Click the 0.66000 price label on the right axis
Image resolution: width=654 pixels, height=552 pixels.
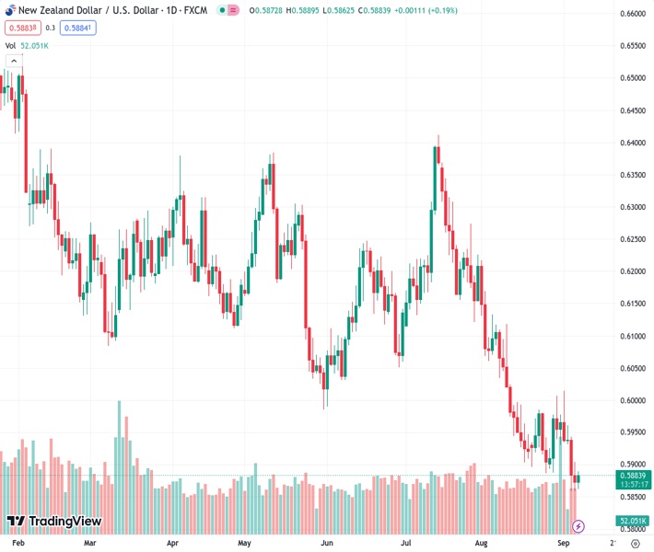(634, 14)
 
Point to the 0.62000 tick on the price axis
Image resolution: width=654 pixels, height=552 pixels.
(634, 271)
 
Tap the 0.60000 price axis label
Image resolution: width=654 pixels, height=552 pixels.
(634, 400)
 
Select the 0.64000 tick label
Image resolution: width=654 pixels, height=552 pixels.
(634, 143)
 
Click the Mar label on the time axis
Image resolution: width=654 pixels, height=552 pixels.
(90, 543)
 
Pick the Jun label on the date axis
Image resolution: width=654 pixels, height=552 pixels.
(327, 543)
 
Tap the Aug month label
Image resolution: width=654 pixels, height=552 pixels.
(481, 543)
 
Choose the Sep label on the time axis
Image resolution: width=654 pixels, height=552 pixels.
(564, 543)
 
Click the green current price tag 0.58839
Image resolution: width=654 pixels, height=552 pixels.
(634, 476)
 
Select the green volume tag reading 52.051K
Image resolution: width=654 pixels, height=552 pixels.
(634, 521)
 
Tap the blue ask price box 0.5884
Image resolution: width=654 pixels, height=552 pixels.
(77, 28)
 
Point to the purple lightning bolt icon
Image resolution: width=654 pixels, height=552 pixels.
(578, 526)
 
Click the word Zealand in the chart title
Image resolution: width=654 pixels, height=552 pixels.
(62, 10)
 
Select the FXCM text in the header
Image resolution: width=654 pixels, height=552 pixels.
(195, 10)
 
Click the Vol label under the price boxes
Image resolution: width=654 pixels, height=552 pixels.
(10, 45)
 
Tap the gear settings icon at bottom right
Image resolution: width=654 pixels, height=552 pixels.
(635, 543)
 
